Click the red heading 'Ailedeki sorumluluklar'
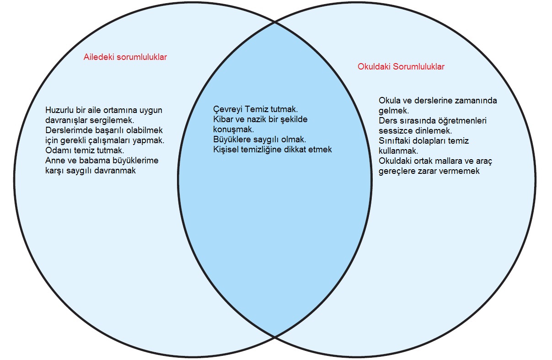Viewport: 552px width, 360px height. point(125,57)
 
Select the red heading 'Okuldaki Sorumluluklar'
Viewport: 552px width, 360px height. point(401,67)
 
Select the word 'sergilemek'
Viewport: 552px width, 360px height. point(113,120)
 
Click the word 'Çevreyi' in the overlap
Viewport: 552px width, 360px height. point(227,110)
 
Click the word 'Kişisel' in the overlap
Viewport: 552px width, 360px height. point(226,150)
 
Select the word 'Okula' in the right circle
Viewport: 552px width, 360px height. point(390,101)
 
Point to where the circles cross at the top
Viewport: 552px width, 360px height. point(274,21)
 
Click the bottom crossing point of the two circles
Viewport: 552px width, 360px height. point(274,337)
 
